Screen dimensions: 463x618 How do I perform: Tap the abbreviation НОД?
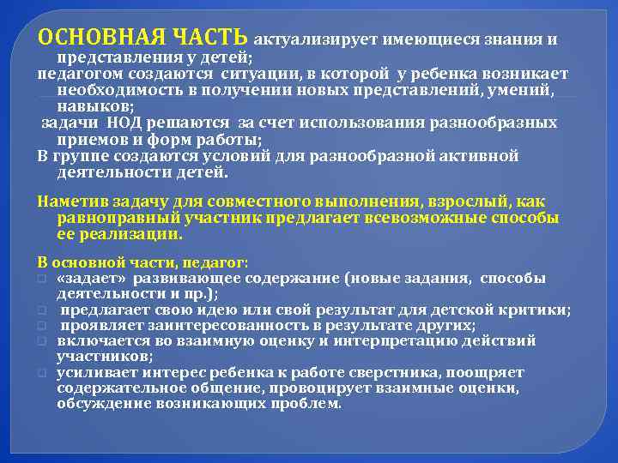[126, 123]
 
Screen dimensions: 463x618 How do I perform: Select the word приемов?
[89, 139]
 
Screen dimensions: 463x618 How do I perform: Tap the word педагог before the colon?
[216, 262]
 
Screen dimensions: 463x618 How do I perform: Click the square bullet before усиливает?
[40, 373]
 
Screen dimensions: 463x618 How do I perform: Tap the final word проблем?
[310, 403]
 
